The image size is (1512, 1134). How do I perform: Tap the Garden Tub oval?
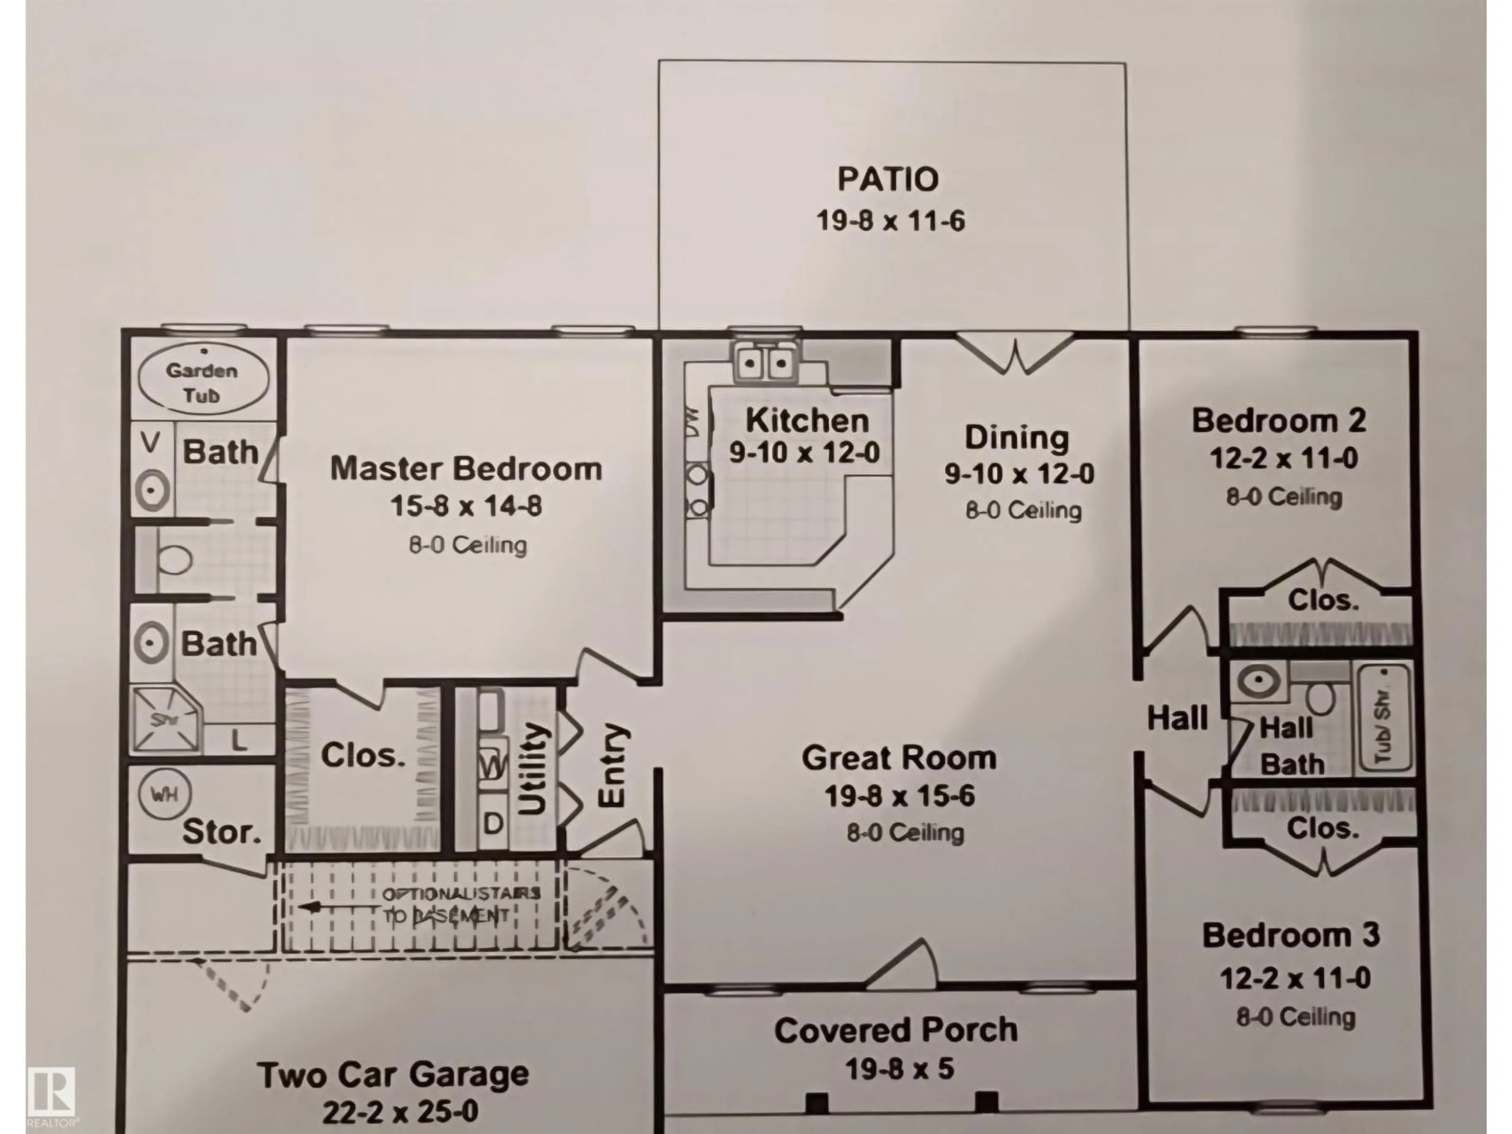tap(203, 380)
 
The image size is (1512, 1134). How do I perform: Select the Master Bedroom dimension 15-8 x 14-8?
tap(466, 506)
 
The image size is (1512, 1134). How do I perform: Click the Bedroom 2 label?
tap(1278, 421)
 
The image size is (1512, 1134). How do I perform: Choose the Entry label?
tap(612, 765)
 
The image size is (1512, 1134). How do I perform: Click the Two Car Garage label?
tap(393, 1075)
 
